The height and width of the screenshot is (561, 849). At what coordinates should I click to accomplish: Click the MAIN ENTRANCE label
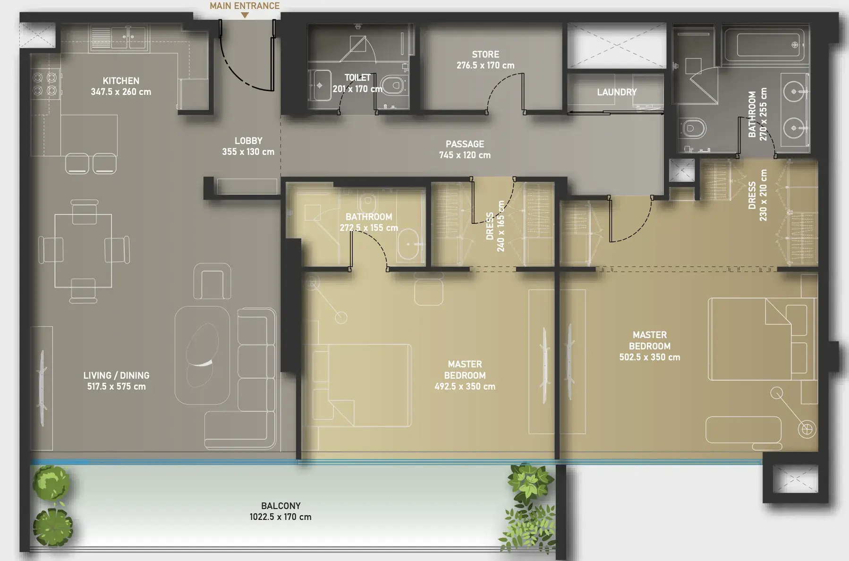[x=245, y=6]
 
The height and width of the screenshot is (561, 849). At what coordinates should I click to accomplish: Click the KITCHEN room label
[x=121, y=81]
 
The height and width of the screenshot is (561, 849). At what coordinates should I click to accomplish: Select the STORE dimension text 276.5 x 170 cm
[x=485, y=66]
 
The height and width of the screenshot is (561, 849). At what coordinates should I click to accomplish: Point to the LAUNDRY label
[x=617, y=92]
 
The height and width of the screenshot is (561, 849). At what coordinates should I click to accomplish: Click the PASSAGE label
[x=465, y=144]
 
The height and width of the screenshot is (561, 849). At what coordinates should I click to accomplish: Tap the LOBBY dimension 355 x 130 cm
[x=248, y=152]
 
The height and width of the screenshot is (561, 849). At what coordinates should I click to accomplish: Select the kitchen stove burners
[x=45, y=84]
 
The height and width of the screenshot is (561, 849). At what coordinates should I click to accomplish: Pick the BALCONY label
[x=281, y=506]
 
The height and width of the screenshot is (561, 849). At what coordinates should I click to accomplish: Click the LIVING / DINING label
[x=116, y=375]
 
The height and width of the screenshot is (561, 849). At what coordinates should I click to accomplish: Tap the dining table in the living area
[x=84, y=251]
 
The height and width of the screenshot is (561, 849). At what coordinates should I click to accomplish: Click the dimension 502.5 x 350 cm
[x=650, y=357]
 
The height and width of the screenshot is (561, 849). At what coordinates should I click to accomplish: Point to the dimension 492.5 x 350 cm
[x=465, y=387]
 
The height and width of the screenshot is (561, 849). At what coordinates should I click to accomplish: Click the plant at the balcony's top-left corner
[x=51, y=483]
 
